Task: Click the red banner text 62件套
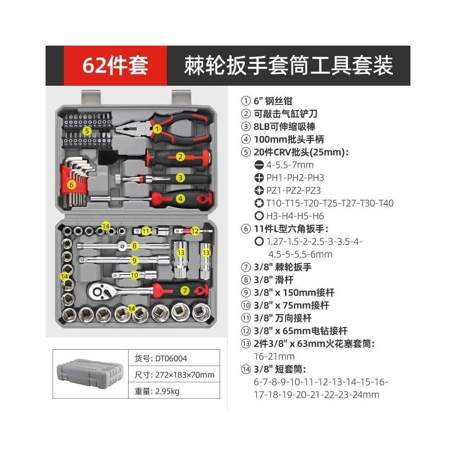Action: [x=115, y=65]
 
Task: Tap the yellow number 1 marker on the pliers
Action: [x=157, y=129]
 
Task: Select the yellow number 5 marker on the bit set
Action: [x=87, y=131]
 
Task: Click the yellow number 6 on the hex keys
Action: [x=72, y=184]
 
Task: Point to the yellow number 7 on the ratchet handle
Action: [x=185, y=290]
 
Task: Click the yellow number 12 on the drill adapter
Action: [x=195, y=231]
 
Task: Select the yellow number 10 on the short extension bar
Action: [x=134, y=275]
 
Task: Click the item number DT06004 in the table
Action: [x=171, y=358]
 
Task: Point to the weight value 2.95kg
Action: [x=167, y=391]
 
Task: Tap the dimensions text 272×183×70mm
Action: [x=185, y=375]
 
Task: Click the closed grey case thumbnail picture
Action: [x=89, y=374]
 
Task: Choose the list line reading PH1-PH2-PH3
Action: [x=295, y=178]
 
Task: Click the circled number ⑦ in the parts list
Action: [x=246, y=267]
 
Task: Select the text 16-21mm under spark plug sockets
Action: [x=274, y=356]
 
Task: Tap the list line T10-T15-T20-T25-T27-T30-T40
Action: [x=330, y=203]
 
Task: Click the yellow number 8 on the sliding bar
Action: [x=134, y=246]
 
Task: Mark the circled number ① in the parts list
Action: [x=246, y=101]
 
